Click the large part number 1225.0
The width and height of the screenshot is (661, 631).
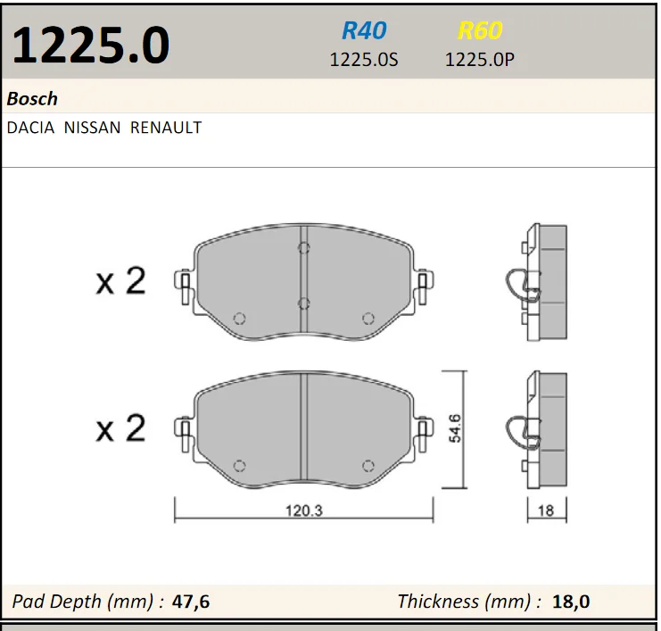(x=91, y=46)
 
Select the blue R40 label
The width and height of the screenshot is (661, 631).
(x=364, y=30)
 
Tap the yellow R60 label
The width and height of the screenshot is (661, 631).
(x=480, y=30)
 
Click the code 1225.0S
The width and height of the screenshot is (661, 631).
(x=363, y=60)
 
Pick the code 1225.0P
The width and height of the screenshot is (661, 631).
(x=480, y=60)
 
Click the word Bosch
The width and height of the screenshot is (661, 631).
(x=32, y=99)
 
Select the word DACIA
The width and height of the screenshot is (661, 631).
(x=30, y=128)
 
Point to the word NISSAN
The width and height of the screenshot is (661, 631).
(x=92, y=128)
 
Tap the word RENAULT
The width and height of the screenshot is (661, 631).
(x=166, y=128)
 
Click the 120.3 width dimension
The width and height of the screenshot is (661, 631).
(x=304, y=511)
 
